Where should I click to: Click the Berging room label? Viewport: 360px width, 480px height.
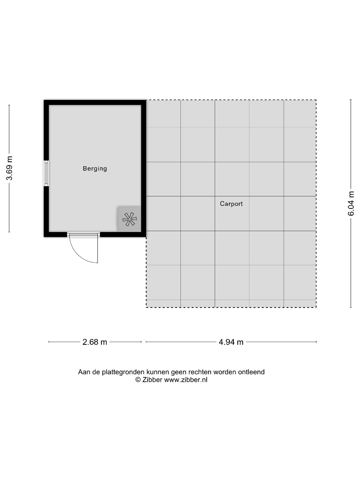(95, 169)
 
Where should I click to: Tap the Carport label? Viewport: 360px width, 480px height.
(232, 204)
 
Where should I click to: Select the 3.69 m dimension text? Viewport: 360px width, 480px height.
(10, 168)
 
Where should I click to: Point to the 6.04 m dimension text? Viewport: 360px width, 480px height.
(351, 204)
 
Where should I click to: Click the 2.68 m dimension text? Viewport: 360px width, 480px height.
(95, 342)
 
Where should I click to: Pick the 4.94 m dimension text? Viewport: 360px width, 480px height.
(231, 342)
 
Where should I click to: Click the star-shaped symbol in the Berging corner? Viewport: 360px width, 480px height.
(129, 219)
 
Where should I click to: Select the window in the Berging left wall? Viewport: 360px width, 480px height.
(46, 173)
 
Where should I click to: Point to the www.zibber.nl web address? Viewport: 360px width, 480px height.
(186, 380)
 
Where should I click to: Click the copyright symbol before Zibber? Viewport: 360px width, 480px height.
(138, 380)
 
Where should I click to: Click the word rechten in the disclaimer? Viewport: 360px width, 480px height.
(200, 372)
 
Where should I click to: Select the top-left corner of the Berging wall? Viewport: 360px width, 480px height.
(44, 100)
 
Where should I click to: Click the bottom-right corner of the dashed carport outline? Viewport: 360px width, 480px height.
(316, 308)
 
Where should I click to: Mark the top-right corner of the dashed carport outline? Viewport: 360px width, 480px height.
(316, 100)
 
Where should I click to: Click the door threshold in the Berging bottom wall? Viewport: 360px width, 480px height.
(84, 235)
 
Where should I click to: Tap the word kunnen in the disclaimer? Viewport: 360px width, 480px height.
(158, 372)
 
